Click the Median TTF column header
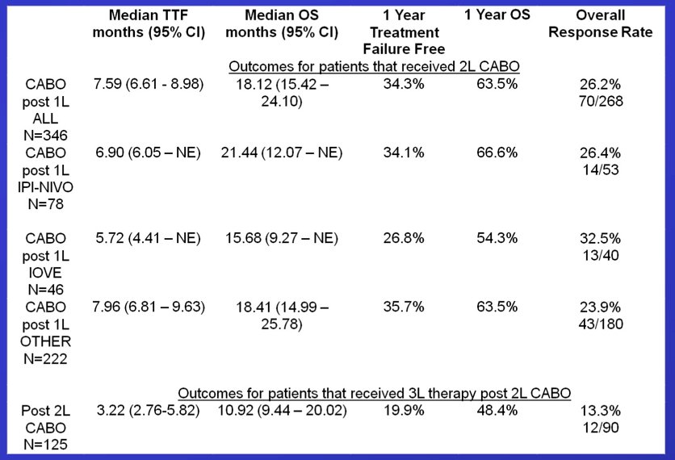point(149,23)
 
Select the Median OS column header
point(282,23)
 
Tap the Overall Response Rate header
point(601,23)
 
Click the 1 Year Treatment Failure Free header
point(405,31)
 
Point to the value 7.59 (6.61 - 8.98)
point(149,83)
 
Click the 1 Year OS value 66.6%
point(497,153)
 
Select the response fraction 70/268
point(601,101)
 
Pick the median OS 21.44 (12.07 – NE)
point(282,153)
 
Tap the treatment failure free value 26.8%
point(404,238)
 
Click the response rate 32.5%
point(601,238)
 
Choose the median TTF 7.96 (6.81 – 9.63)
point(149,307)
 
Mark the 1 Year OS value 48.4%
point(497,410)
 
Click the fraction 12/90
point(601,427)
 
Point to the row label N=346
point(46,135)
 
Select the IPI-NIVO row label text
point(46,186)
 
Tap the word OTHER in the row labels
point(46,341)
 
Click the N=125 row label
point(46,444)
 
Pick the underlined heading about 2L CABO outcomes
point(374,66)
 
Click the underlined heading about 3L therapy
point(374,393)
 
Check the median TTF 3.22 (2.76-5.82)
point(148,410)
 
